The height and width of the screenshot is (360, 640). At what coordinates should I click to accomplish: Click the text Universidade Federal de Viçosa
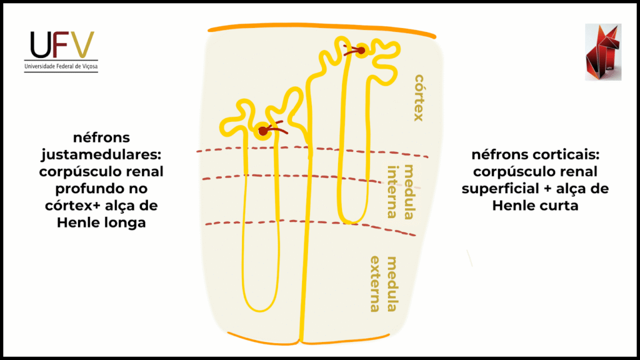pyautogui.click(x=61, y=66)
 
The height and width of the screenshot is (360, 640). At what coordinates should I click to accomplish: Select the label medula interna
pyautogui.click(x=401, y=191)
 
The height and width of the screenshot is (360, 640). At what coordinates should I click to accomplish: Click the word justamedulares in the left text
pyautogui.click(x=109, y=154)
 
